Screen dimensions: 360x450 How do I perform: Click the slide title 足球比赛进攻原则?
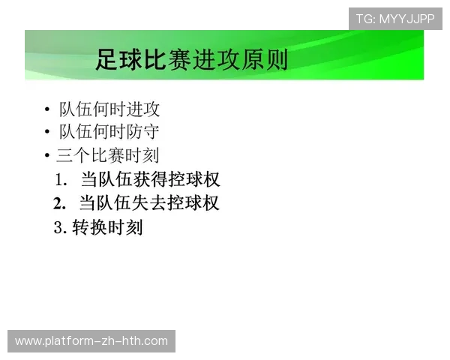191,59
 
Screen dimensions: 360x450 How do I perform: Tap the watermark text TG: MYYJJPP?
395,19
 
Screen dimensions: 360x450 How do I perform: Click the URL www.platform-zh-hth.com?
91,341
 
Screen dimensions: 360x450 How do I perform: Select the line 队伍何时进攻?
109,109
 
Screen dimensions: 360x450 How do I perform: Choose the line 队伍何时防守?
109,132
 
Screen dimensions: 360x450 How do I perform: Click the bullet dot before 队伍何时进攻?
47,110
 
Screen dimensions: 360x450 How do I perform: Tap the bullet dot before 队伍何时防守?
47,133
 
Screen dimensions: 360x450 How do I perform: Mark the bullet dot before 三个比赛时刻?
47,156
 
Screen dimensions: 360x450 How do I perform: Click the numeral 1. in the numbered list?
61,180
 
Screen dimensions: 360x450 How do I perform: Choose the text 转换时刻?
107,227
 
